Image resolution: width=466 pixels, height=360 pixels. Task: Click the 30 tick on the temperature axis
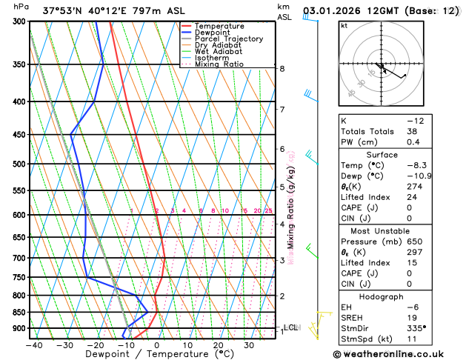coord(249,344)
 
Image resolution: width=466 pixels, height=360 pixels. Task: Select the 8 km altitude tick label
coord(282,68)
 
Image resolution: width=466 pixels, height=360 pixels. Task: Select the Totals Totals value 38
coord(412,131)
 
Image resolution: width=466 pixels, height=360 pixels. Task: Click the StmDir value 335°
coord(416,327)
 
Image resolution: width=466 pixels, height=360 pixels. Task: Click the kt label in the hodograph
coord(344,25)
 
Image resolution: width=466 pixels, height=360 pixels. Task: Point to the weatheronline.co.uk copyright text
coord(397,354)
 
